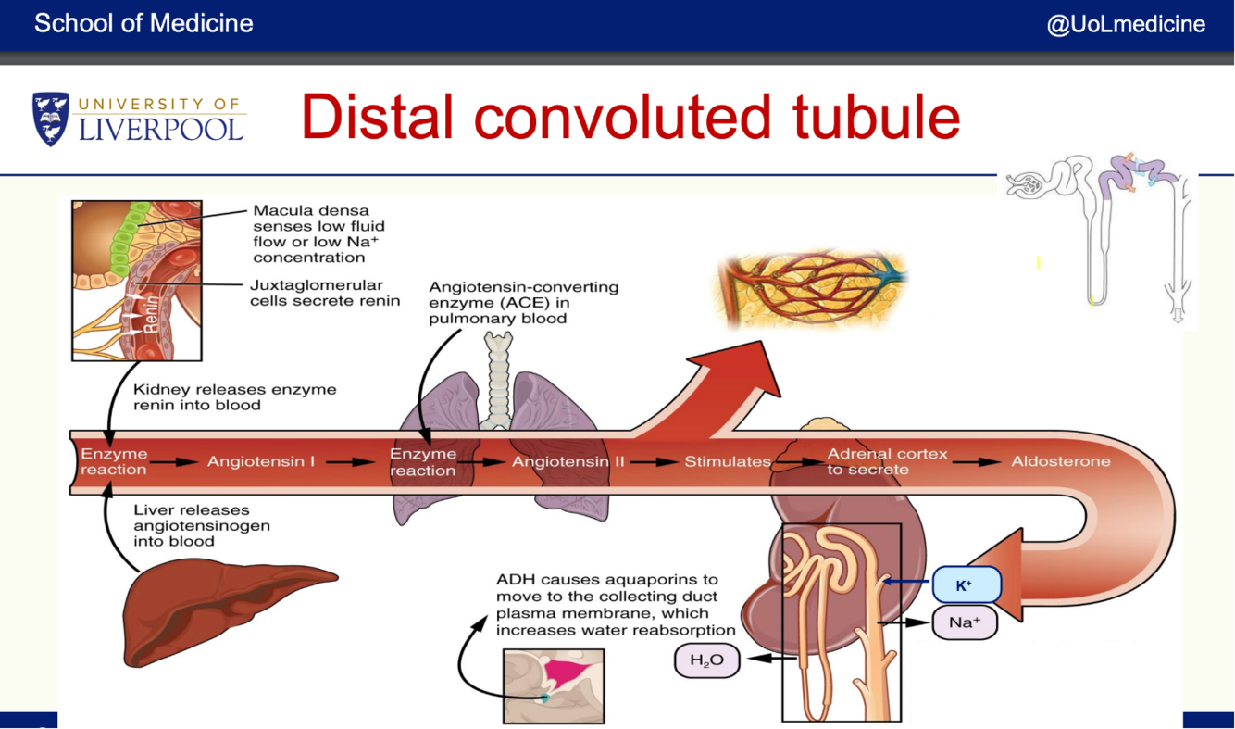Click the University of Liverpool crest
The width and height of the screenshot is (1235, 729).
coord(50,119)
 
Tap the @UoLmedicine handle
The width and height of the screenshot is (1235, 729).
coord(1126,24)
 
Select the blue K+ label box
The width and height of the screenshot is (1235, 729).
coord(965,585)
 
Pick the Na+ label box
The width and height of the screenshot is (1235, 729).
coord(964,622)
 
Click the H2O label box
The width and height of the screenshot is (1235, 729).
coord(706,660)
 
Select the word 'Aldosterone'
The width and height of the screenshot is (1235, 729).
coord(1060,461)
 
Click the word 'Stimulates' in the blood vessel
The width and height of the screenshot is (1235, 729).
coord(727,461)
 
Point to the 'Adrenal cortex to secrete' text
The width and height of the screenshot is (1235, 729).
coord(887,461)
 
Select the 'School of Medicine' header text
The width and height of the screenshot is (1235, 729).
coord(143,24)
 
